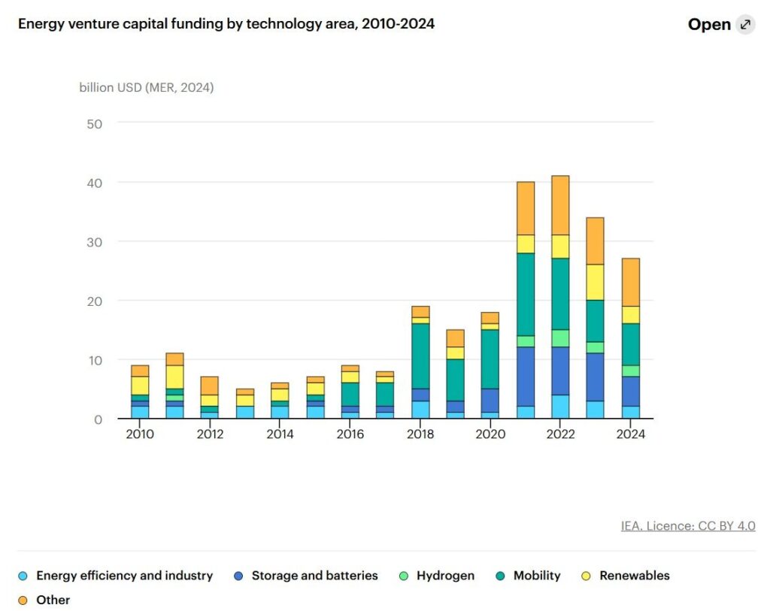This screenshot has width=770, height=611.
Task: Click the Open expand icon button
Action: point(745,25)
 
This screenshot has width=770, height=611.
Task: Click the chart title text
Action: point(226,24)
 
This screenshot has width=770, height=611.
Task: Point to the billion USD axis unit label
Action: point(147,87)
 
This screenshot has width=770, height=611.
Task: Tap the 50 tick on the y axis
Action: point(95,123)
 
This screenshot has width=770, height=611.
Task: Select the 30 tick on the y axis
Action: point(95,241)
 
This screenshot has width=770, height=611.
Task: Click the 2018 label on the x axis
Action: point(420,434)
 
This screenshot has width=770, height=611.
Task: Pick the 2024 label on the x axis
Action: point(630,434)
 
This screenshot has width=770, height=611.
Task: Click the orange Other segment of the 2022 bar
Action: point(560,205)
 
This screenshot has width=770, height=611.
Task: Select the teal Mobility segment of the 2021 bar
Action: point(526,294)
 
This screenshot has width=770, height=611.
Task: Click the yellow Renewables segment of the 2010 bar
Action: point(140,386)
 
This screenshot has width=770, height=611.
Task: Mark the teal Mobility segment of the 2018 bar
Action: point(420,355)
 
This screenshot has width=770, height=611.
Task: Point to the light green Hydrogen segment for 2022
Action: point(560,338)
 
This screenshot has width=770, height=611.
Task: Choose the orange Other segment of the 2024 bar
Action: point(630,282)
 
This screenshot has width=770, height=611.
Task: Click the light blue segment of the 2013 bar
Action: point(245,412)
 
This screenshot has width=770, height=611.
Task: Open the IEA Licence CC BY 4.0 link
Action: point(688,526)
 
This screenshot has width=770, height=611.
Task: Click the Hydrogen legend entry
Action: point(446,576)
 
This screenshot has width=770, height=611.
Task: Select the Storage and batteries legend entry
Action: point(314,576)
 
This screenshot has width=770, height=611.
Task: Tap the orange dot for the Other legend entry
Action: point(23,600)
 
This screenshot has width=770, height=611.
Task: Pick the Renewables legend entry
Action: point(634,576)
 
